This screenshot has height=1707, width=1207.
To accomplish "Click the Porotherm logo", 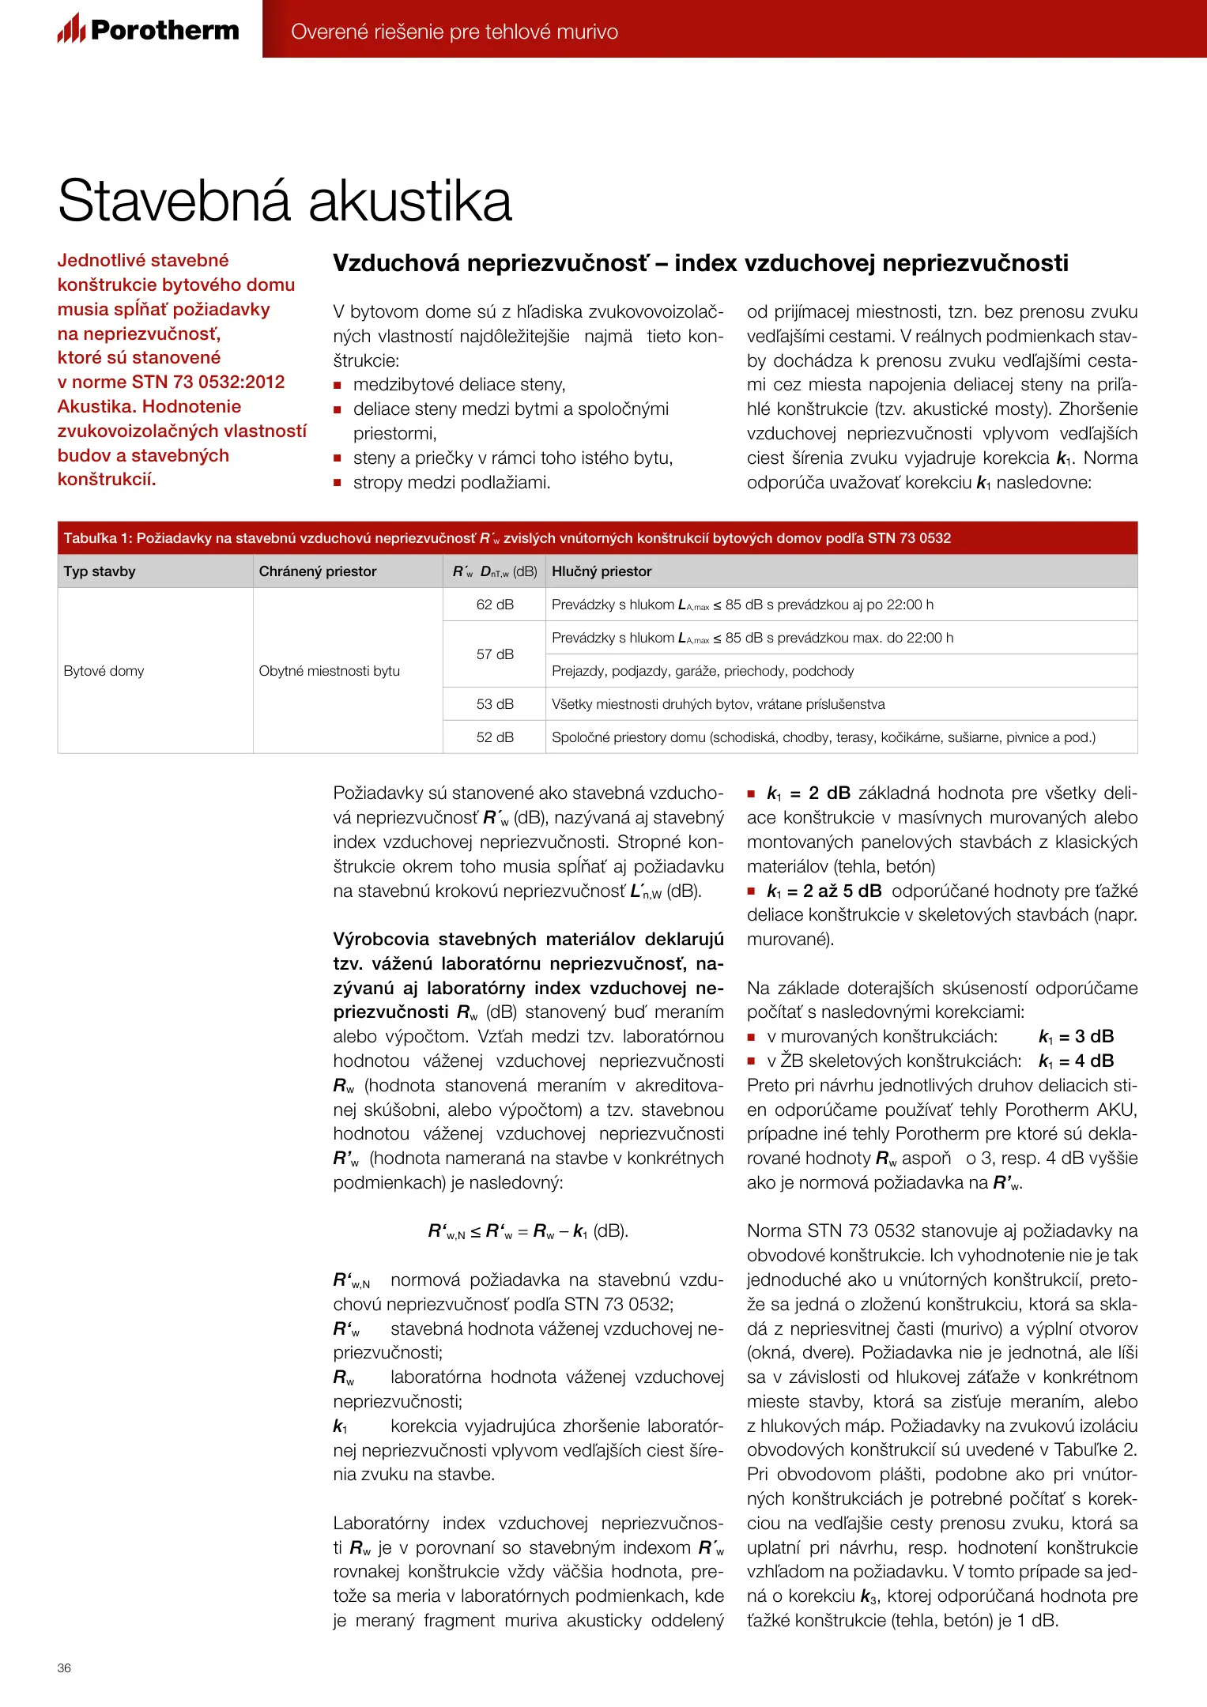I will pyautogui.click(x=148, y=29).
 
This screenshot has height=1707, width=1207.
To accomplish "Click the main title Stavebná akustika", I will pyautogui.click(x=285, y=201).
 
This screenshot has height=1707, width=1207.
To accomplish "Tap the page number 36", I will pyautogui.click(x=64, y=1667).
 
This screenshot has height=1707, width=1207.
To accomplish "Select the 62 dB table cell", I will pyautogui.click(x=495, y=605).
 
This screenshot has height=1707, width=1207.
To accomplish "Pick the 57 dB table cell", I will pyautogui.click(x=495, y=654).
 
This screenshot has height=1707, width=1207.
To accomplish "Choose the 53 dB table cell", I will pyautogui.click(x=495, y=704).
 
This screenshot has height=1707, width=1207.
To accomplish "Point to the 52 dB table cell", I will pyautogui.click(x=495, y=737).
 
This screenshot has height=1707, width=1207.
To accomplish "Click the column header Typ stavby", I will pyautogui.click(x=100, y=571).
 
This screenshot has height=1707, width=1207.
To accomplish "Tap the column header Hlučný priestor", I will pyautogui.click(x=602, y=571).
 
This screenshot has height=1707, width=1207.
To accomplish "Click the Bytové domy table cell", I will pyautogui.click(x=104, y=671).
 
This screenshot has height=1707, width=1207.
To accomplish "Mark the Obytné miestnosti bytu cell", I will pyautogui.click(x=330, y=671).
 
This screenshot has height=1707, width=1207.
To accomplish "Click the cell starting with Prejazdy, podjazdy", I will pyautogui.click(x=703, y=671).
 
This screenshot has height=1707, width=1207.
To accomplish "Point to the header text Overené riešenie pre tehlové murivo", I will pyautogui.click(x=455, y=32).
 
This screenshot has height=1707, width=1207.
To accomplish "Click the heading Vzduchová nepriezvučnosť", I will pyautogui.click(x=700, y=263).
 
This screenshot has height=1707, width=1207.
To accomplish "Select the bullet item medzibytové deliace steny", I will pyautogui.click(x=459, y=385).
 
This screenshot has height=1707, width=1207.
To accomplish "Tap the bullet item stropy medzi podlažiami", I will pyautogui.click(x=451, y=482).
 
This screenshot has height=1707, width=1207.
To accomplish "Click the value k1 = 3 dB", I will pyautogui.click(x=1076, y=1037).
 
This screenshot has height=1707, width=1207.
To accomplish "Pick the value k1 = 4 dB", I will pyautogui.click(x=1076, y=1061).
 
